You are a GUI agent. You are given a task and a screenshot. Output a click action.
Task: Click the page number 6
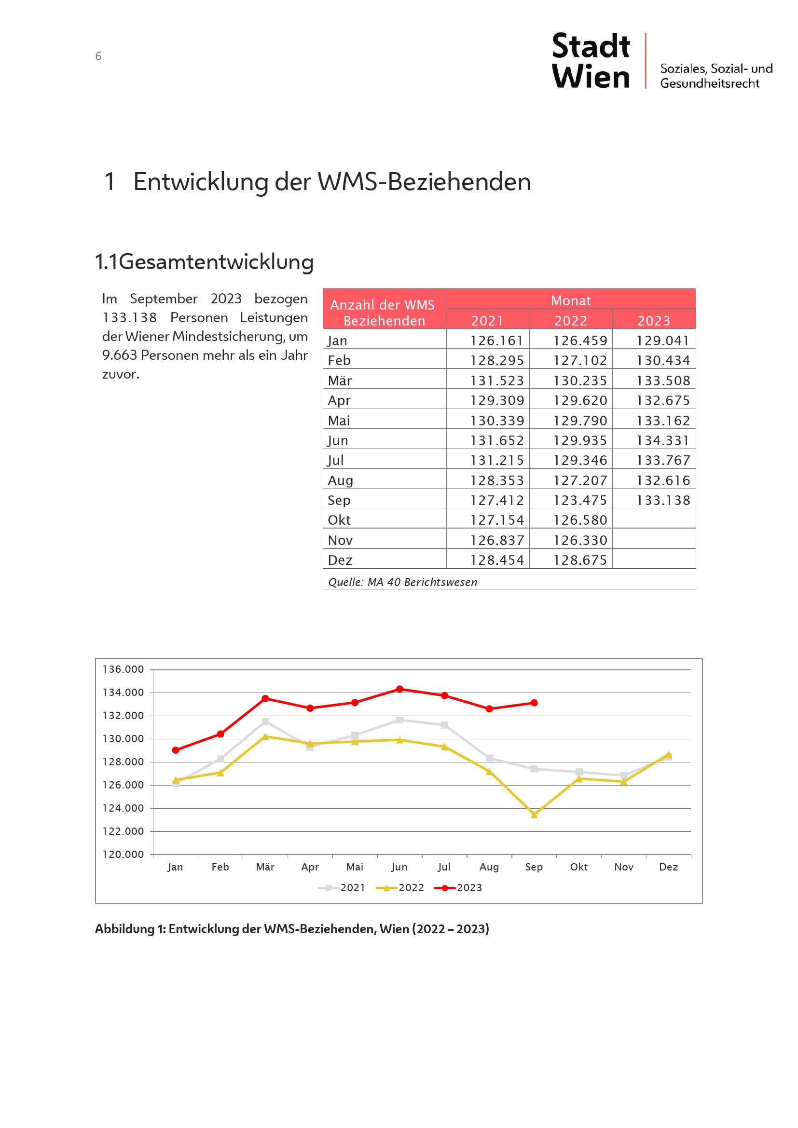[98, 56]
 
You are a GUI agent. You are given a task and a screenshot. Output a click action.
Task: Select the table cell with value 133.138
[663, 500]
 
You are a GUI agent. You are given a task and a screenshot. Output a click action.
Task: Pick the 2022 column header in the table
[570, 321]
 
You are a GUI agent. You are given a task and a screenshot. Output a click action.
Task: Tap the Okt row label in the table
[339, 520]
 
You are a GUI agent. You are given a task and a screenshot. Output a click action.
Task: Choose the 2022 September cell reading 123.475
[580, 500]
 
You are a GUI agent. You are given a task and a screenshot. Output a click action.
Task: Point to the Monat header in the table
[570, 300]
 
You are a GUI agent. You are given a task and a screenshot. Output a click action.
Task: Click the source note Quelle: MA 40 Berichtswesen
[402, 582]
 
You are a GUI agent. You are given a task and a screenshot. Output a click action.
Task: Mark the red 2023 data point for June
[399, 689]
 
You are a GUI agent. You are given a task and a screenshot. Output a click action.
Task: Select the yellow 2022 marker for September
[534, 815]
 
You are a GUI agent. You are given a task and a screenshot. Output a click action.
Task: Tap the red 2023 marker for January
[176, 750]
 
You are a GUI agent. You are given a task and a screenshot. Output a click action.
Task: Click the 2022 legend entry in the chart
[400, 888]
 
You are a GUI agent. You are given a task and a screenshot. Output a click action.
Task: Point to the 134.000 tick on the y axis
[123, 693]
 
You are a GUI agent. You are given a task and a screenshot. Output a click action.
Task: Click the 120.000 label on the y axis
[123, 855]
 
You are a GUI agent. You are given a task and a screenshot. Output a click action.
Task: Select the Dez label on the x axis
[668, 867]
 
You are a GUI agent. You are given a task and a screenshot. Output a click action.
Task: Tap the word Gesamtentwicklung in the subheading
[216, 262]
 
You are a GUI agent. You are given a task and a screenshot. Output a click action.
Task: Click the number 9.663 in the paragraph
[119, 355]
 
